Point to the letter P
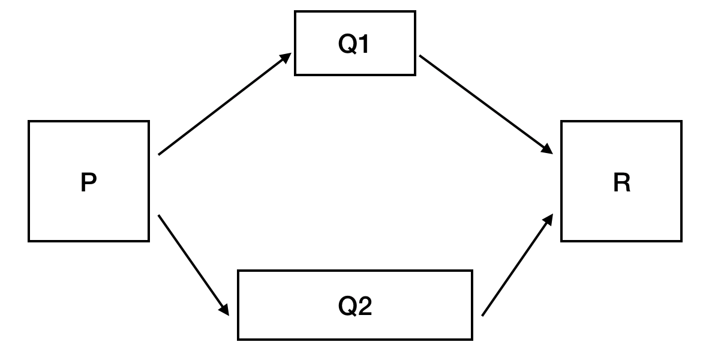89,182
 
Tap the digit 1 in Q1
363,44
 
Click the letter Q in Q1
347,44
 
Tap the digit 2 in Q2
365,306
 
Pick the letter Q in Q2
347,306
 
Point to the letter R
622,182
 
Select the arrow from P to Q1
225,104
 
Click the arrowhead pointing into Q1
286,58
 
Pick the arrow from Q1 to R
486,104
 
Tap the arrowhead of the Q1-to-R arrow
548,149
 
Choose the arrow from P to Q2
193,265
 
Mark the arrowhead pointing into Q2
224,310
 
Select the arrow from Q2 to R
518,265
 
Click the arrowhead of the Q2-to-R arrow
549,219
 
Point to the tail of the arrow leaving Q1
419,56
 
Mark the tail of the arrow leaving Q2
482,316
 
